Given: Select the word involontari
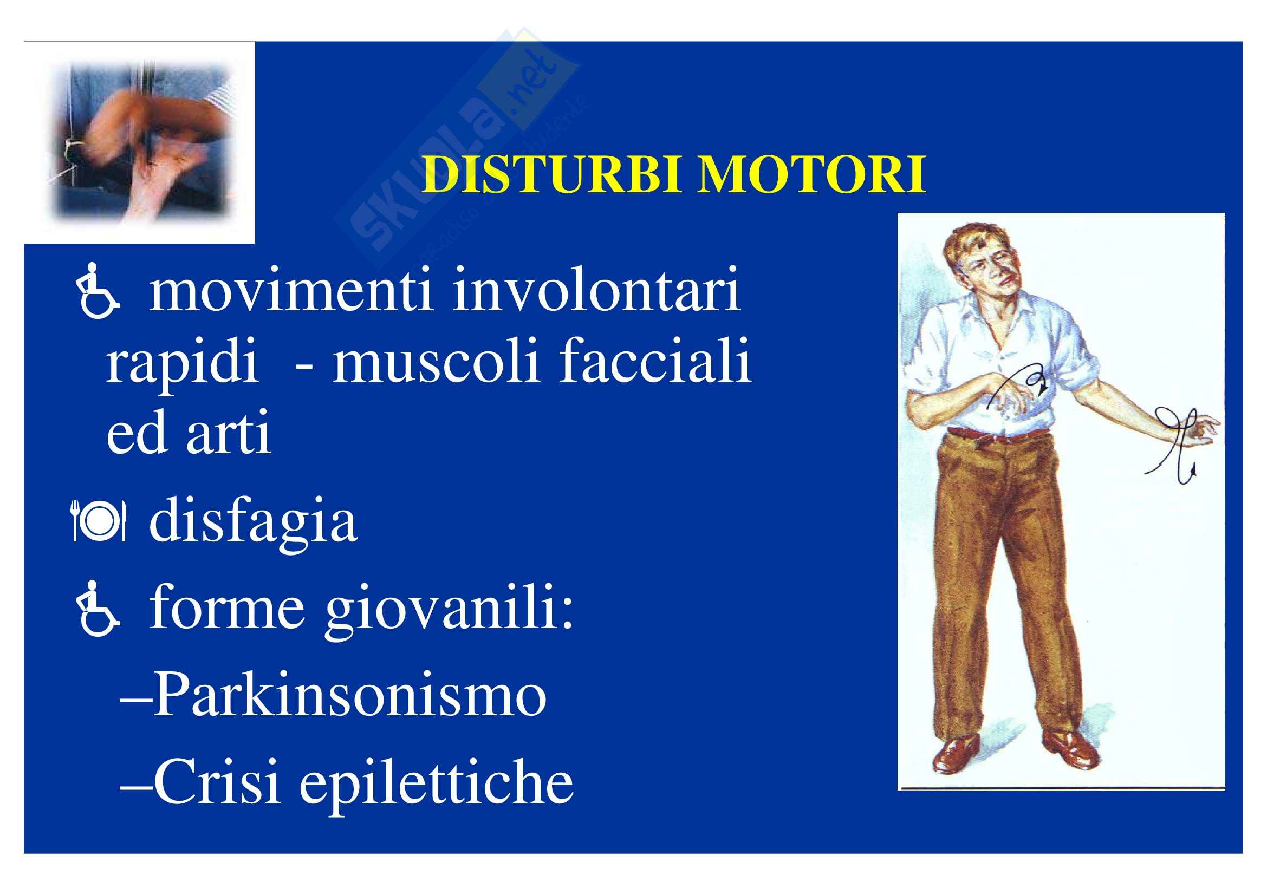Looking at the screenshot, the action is [596, 290].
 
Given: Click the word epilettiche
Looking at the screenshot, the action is [437, 784].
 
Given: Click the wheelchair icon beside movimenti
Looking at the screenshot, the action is [98, 291].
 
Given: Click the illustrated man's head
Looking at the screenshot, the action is [980, 259].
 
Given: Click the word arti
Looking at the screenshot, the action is [229, 434].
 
